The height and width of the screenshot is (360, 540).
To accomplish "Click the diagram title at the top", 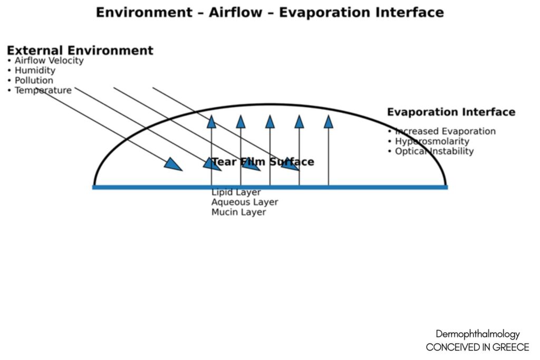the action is tap(269, 13).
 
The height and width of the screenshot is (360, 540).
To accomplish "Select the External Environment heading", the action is tap(80, 50).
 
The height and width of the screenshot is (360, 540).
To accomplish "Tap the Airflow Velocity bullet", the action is tap(45, 61).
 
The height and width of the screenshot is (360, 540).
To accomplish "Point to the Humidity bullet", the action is tap(31, 71).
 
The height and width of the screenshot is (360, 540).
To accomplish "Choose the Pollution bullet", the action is tap(30, 81).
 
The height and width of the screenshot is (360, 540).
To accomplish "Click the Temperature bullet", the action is tap(40, 91).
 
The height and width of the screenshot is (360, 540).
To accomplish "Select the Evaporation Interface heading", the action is tap(451, 112).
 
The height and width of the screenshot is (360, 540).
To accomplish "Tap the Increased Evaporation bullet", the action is tap(442, 131).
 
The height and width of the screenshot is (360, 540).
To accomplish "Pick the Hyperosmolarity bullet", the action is tap(428, 141).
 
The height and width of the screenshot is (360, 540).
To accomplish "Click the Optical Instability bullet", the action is tap(431, 151).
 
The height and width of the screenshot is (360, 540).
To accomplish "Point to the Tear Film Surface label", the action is tap(263, 162).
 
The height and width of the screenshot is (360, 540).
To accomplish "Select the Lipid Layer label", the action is tap(236, 192).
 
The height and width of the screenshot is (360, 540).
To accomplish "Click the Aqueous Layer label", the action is tap(245, 202).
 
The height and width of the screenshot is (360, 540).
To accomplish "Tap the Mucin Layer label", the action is tap(239, 212).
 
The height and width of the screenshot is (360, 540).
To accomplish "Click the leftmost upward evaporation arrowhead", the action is tap(211, 122).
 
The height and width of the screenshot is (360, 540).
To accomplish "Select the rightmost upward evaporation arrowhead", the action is tap(329, 122).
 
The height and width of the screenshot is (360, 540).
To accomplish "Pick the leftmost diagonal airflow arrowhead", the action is tap(173, 164).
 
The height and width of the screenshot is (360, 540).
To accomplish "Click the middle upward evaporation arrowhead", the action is tap(270, 122).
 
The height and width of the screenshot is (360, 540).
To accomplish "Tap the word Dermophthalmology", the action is tap(478, 334).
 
